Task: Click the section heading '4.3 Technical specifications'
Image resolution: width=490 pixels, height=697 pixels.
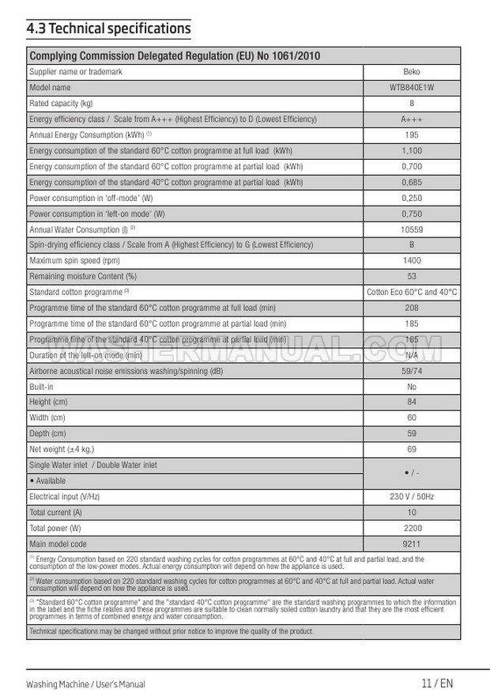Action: (108, 29)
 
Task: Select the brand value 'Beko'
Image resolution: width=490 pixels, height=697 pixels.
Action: (412, 72)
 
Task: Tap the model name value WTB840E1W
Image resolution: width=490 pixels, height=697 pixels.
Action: (412, 88)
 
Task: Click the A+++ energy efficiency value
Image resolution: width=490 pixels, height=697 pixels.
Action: (412, 119)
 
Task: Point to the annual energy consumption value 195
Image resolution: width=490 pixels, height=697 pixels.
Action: (412, 135)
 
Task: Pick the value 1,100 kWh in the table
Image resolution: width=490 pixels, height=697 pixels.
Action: (412, 151)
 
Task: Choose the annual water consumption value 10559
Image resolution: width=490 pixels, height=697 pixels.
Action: (412, 229)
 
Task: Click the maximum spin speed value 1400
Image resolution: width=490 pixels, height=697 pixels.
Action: (412, 260)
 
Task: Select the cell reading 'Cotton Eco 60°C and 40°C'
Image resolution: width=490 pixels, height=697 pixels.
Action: (412, 292)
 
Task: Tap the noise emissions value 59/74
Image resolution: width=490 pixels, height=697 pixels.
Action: (412, 370)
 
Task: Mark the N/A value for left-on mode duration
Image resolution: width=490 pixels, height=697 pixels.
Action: (412, 355)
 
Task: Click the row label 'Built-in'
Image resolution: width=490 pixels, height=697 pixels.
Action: (41, 386)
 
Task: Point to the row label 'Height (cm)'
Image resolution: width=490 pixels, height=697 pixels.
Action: (47, 402)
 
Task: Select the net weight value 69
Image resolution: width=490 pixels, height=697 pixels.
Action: (412, 449)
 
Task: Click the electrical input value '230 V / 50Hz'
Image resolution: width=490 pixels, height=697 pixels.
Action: (412, 497)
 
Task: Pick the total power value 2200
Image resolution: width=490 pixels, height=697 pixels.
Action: (412, 528)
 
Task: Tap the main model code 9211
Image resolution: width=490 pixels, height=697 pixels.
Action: (412, 544)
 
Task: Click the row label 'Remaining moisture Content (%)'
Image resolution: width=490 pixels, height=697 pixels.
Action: (83, 276)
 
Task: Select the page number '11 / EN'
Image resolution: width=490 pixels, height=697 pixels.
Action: (437, 684)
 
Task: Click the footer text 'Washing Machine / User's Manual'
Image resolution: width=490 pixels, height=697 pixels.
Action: (85, 684)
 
